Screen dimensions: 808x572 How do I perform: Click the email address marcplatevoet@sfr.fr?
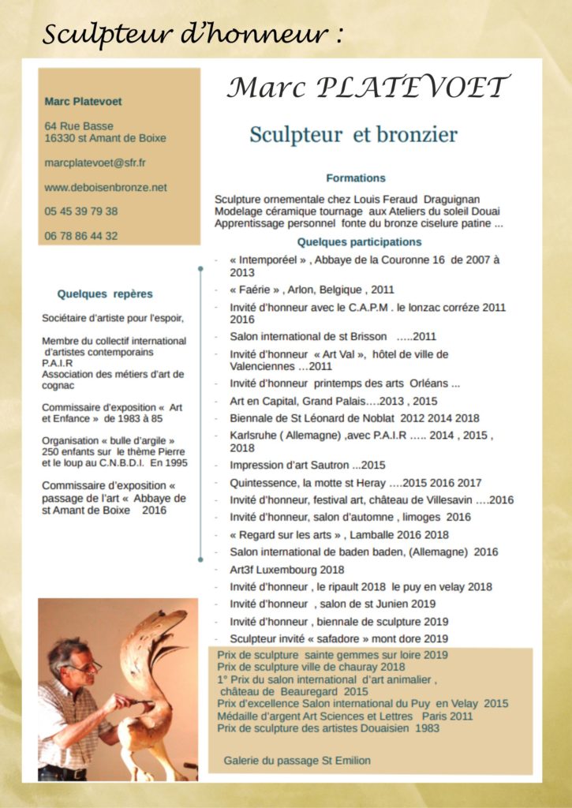tap(95, 163)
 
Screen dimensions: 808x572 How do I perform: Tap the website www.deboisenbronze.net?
tap(106, 187)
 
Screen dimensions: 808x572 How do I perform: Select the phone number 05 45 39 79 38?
tap(81, 211)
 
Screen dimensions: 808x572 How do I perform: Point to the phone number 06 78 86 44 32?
tap(81, 235)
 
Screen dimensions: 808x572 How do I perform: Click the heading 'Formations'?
tap(355, 178)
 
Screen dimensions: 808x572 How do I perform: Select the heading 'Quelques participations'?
tap(359, 242)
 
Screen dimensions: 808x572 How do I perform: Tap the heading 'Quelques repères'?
tap(105, 294)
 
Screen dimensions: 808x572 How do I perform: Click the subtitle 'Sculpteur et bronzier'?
tap(353, 135)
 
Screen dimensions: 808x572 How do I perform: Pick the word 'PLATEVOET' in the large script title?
tap(413, 88)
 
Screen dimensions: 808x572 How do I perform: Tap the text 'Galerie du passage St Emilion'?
tap(297, 761)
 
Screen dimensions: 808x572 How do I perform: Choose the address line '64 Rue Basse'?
tap(79, 125)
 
